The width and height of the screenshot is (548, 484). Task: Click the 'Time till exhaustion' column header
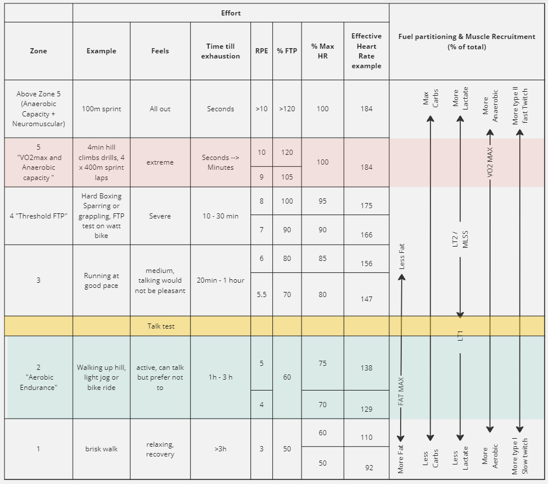(x=221, y=51)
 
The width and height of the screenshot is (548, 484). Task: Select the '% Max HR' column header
(x=323, y=51)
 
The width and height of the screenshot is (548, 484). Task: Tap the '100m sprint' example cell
(x=101, y=109)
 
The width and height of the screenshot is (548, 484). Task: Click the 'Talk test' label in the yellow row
(x=161, y=326)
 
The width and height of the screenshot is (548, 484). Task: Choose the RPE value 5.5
(x=261, y=295)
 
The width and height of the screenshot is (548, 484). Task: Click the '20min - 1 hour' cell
(x=221, y=280)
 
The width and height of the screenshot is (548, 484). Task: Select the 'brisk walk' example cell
(x=101, y=449)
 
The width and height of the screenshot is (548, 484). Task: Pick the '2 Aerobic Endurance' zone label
(x=38, y=377)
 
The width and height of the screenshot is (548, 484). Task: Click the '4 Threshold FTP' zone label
(x=38, y=216)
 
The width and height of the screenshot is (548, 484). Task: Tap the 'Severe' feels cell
(x=161, y=216)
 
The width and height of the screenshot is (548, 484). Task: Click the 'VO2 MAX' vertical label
(x=490, y=162)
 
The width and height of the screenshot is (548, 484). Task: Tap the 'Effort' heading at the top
(x=231, y=13)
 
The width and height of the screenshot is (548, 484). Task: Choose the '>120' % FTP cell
(x=287, y=109)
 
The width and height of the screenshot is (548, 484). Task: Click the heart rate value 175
(x=367, y=205)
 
